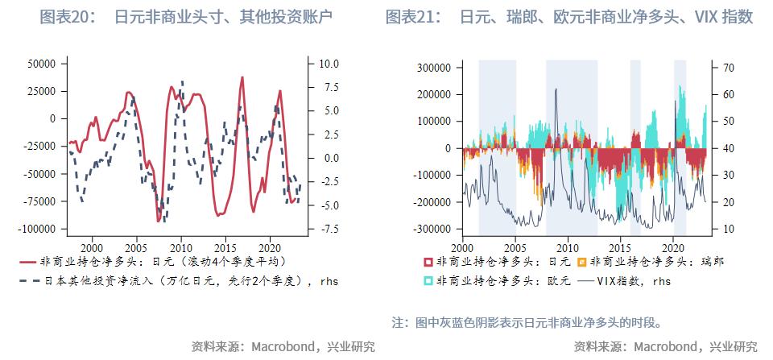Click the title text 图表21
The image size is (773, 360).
point(413,17)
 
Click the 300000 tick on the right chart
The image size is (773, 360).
point(433,68)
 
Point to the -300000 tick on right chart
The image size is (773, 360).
point(431,230)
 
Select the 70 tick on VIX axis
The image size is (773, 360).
point(727,68)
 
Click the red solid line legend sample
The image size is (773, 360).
point(27,262)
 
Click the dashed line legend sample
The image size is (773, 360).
point(27,281)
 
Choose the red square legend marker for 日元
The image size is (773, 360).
point(428,263)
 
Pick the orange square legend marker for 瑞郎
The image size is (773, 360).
point(582,263)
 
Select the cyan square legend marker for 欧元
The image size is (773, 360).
point(428,281)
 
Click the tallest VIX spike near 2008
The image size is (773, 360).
point(556,90)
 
